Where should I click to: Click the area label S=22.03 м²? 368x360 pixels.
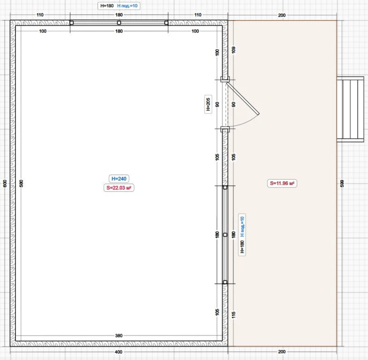[119, 188]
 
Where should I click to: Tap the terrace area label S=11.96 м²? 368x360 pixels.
[282, 183]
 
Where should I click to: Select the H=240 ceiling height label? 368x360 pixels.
[119, 179]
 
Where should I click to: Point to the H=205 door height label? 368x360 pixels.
[208, 104]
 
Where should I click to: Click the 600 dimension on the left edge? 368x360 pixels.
[5, 183]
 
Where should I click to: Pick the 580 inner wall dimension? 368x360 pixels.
[21, 183]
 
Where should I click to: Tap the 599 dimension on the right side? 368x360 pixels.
[342, 183]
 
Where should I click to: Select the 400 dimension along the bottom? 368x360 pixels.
[119, 352]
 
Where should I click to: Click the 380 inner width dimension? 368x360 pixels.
[119, 336]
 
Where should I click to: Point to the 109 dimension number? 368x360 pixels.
[233, 50]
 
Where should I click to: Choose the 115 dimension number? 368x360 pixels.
[233, 315]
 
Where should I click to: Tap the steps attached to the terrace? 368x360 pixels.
[351, 109]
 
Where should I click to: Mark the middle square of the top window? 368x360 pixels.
[119, 23]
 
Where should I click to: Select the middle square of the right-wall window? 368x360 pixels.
[225, 235]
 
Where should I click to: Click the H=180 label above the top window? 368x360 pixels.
[107, 6]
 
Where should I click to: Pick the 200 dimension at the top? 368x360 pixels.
[282, 15]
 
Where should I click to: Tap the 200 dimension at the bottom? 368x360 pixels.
[282, 351]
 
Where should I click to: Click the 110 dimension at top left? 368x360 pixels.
[40, 15]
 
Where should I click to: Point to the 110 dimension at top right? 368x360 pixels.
[198, 15]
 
